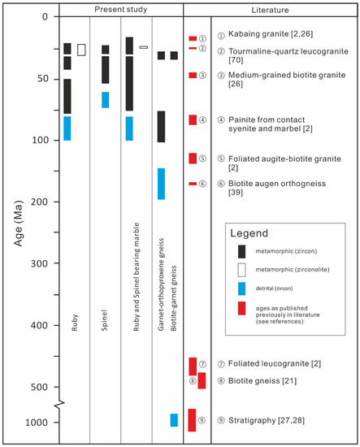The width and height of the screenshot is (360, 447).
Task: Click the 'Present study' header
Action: point(121,7)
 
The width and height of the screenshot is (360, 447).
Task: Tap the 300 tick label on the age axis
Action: point(42,263)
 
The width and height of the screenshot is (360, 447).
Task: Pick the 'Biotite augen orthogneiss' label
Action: point(277,184)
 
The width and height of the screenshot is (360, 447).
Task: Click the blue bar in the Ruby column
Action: point(67,128)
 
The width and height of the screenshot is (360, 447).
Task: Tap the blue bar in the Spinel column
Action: point(105,99)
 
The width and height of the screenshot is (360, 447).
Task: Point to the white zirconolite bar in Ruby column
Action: point(81,50)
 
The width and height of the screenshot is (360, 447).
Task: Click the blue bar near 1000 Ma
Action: point(174,420)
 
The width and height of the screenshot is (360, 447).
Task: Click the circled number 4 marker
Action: point(202,120)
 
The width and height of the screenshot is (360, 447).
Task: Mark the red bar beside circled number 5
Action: point(193,158)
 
